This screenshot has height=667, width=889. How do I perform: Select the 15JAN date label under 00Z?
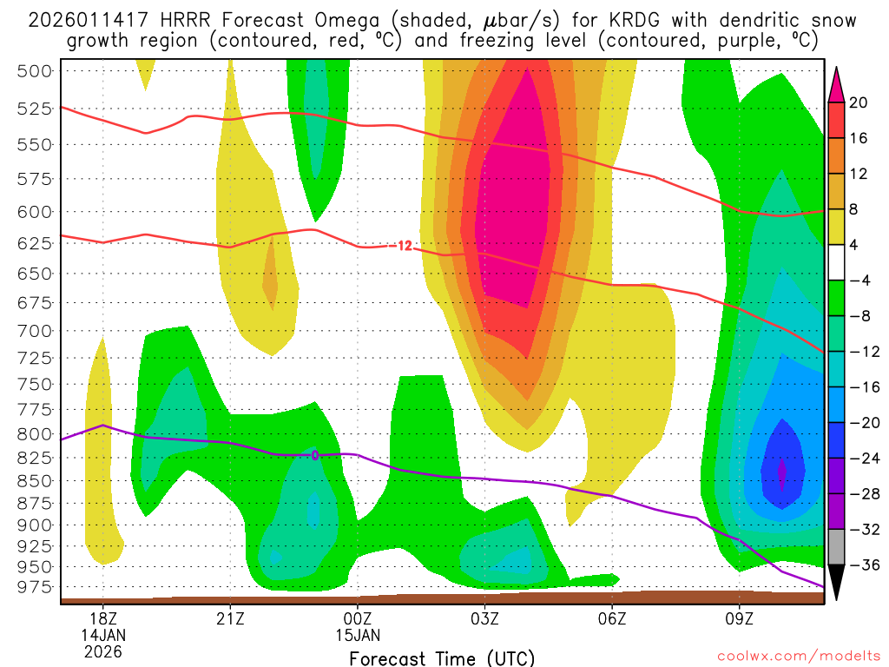[x=358, y=635]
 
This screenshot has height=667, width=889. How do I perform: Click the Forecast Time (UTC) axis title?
[x=442, y=657]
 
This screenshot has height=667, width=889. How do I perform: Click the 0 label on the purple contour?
[x=315, y=454]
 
